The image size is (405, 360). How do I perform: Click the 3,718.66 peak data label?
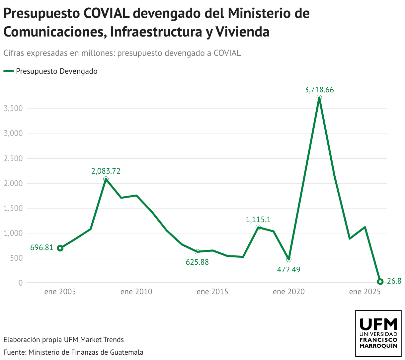[x=319, y=90]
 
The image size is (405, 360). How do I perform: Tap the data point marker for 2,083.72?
[x=106, y=179]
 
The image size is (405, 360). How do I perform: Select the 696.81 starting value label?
[x=42, y=247]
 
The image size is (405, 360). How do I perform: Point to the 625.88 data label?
[x=197, y=262]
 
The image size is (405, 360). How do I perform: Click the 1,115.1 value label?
[x=258, y=220]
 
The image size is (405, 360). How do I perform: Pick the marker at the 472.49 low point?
[x=289, y=259]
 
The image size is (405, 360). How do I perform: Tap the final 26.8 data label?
[x=394, y=281]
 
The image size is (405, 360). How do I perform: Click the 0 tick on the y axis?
[x=21, y=283]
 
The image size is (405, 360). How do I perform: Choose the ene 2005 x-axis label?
[x=60, y=292]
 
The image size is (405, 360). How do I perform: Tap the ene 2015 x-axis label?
[x=212, y=292]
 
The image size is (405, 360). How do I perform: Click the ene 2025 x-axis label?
[x=365, y=292]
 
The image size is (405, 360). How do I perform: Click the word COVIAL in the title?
[x=106, y=14]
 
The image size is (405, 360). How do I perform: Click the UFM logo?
[x=378, y=333]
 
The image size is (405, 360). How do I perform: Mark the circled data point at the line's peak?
[x=319, y=98]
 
